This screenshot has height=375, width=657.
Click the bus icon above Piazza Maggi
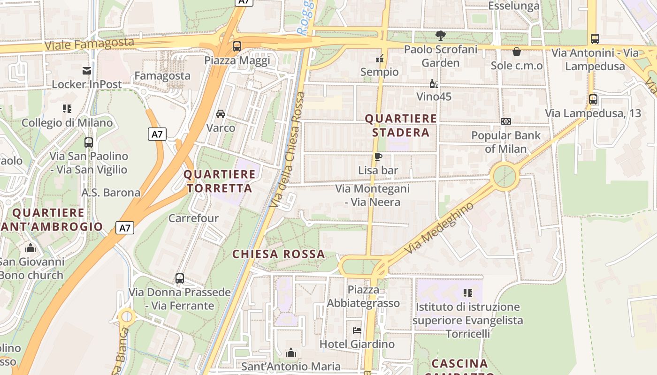point(237,46)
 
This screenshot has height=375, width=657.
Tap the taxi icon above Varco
point(221,114)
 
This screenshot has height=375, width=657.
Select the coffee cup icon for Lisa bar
point(378,157)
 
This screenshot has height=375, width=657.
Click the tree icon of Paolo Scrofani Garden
point(440,36)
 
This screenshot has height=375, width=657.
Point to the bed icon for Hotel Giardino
point(357,330)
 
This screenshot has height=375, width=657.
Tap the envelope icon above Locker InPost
point(87,71)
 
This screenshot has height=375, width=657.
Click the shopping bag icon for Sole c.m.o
point(517,52)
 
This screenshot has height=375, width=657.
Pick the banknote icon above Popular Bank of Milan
point(506,121)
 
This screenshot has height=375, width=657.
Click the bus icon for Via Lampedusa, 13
point(593,99)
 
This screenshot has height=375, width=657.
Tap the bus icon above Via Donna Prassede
point(180,278)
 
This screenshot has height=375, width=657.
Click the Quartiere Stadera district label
point(401,126)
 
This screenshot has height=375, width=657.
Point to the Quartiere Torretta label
point(220,181)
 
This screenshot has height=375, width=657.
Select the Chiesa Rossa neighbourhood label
point(279,254)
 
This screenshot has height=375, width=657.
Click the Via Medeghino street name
point(439,228)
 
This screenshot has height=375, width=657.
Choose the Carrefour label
point(193,218)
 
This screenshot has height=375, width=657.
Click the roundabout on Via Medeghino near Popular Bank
point(504,177)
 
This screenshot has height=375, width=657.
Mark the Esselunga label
point(514,6)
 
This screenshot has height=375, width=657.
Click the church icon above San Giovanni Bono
point(31,248)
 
